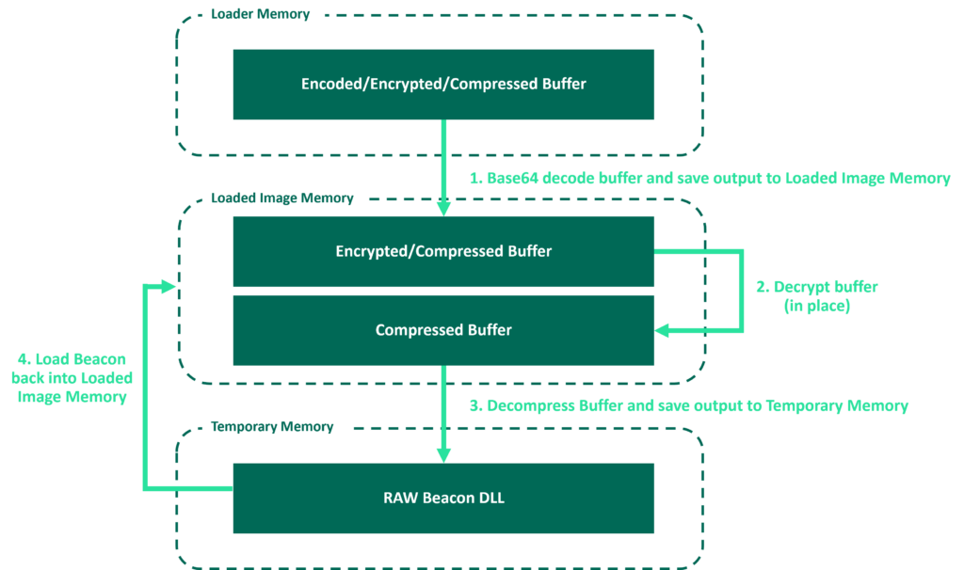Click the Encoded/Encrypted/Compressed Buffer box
coord(443,85)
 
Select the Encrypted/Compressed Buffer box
coord(443,251)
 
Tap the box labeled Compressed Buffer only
coord(443,330)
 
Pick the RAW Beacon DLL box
coord(443,498)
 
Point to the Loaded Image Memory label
coord(281,198)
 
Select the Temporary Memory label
coord(272,426)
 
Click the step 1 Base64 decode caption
coord(709,178)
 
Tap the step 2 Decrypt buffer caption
coord(816,287)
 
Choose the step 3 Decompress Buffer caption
coord(688,405)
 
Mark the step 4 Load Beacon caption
coord(72,377)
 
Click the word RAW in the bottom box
coord(399,498)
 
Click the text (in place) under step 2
coord(816,306)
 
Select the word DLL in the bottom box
coord(490,498)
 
